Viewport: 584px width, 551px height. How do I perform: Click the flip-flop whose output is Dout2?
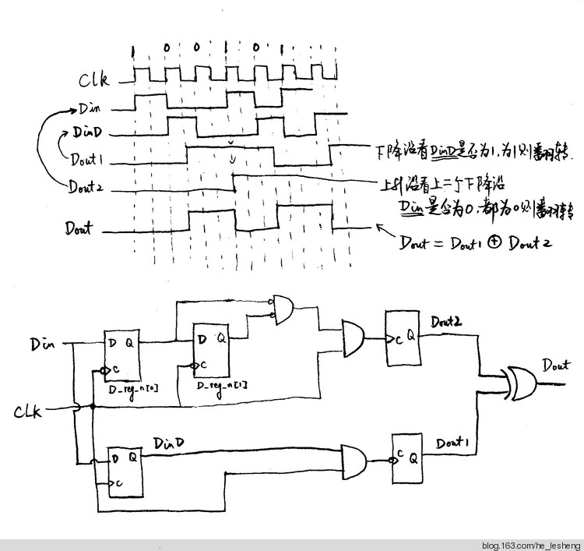(403, 337)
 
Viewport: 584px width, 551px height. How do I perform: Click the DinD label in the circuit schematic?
(169, 443)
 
